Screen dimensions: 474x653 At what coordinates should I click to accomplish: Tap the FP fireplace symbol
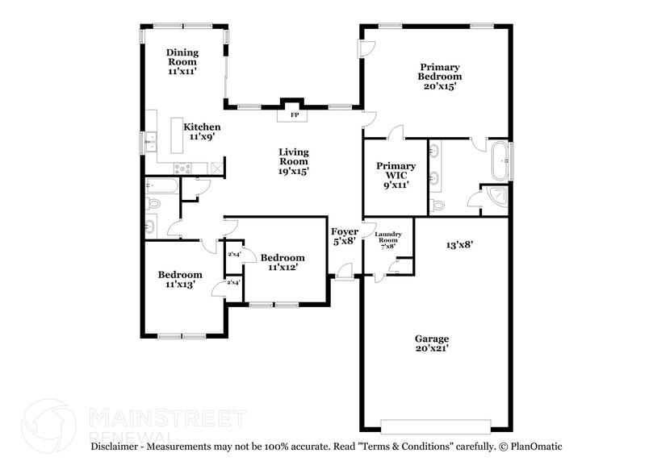click(295, 115)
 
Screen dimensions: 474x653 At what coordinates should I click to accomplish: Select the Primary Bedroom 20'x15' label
click(439, 77)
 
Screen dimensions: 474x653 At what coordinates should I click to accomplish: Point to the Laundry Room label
click(387, 239)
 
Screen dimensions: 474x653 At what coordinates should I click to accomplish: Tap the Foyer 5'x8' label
click(345, 236)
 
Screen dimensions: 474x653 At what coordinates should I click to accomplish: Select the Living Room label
click(294, 161)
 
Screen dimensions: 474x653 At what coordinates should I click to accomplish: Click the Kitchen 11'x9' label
click(202, 132)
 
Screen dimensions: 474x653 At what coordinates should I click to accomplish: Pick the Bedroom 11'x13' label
click(179, 279)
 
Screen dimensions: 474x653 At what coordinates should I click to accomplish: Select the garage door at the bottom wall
click(435, 426)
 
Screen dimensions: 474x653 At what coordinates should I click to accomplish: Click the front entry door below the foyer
click(345, 278)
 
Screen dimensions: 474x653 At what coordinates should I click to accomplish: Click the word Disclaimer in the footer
click(117, 446)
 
